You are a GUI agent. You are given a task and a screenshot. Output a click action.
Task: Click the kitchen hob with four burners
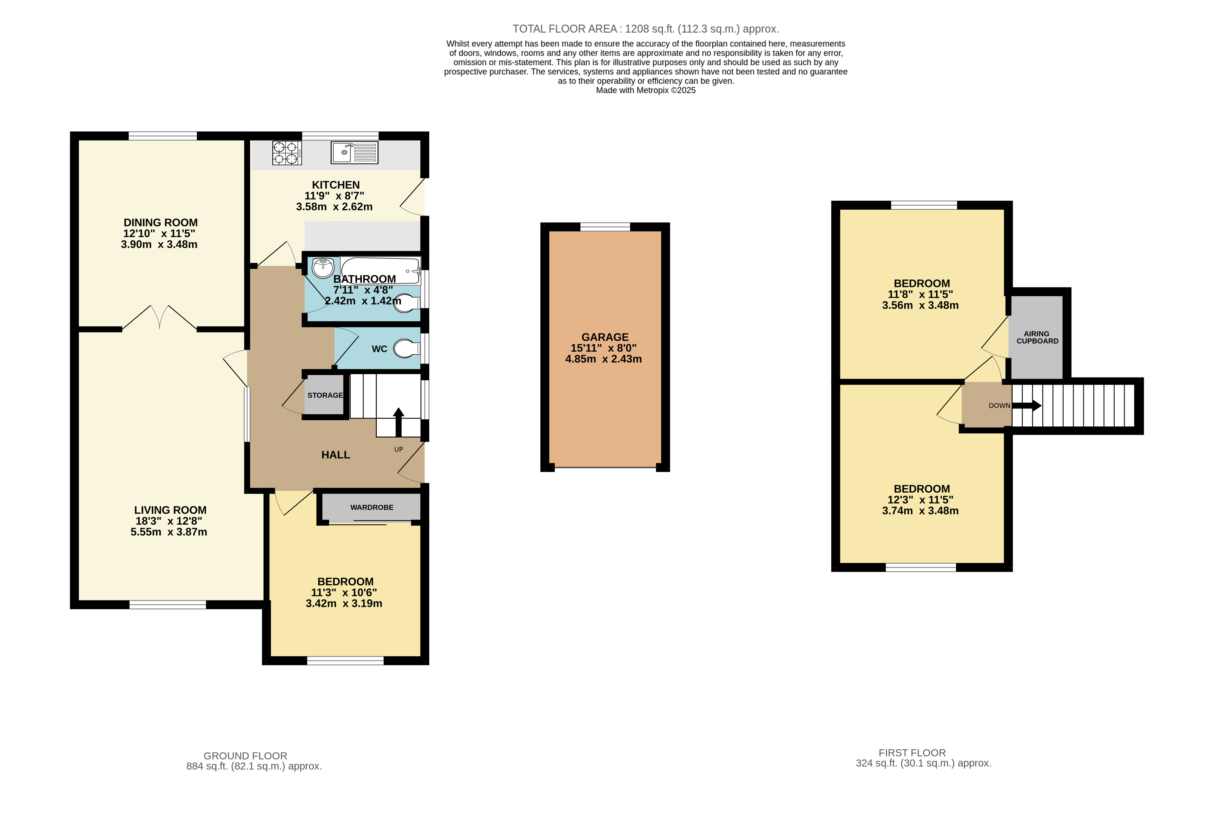[x=286, y=153]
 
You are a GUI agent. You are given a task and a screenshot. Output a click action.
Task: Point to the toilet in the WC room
[x=407, y=349]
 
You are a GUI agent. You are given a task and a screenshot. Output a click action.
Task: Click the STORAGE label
[x=325, y=395]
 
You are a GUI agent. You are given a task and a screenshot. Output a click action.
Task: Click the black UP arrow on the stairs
[x=398, y=421]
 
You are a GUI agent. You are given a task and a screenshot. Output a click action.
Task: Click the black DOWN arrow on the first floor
[x=1027, y=406]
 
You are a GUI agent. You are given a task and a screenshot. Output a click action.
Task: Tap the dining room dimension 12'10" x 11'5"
[x=159, y=234]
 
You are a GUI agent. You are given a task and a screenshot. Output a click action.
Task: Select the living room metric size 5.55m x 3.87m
[x=169, y=532]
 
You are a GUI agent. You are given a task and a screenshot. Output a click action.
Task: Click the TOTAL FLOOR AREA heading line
[x=646, y=29]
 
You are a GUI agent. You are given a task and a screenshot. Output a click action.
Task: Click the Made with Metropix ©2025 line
[x=646, y=90]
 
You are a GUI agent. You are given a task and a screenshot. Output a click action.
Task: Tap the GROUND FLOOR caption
[x=245, y=756]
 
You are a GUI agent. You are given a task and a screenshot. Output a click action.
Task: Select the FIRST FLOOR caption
[x=912, y=753]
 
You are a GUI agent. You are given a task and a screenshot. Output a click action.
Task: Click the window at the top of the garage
[x=605, y=227]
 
